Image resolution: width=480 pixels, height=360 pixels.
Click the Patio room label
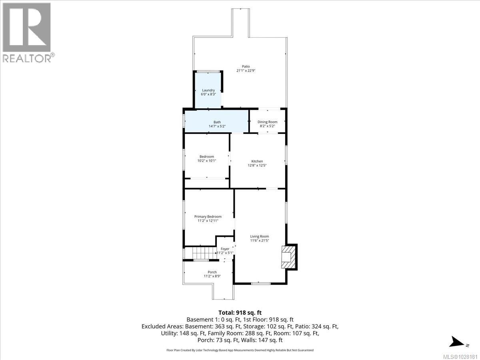(246, 66)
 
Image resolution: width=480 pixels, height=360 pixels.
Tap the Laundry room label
(208, 90)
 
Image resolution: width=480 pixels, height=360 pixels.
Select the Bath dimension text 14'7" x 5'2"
(217, 126)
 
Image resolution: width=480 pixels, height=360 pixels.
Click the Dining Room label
(267, 122)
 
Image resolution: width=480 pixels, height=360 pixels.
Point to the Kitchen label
(257, 161)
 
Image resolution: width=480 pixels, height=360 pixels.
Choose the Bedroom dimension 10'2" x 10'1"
(207, 161)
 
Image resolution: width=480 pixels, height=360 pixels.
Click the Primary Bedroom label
(208, 216)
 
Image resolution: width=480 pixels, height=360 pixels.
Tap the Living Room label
(260, 236)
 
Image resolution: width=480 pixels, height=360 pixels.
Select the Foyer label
(225, 249)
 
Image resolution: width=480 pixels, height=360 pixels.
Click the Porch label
(212, 272)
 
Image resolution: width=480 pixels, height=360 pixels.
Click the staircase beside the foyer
(200, 253)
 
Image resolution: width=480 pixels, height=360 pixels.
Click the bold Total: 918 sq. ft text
(240, 312)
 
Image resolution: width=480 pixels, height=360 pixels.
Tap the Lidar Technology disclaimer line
(240, 350)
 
